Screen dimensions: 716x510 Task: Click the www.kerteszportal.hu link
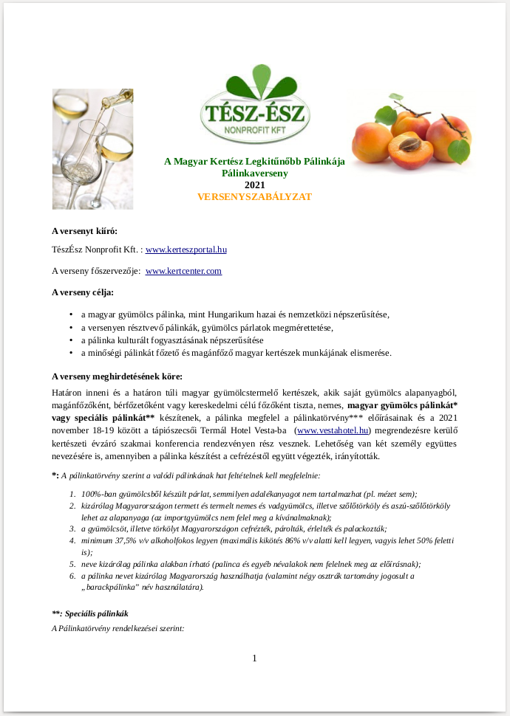pyautogui.click(x=186, y=250)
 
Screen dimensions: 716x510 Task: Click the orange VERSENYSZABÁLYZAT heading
pyautogui.click(x=254, y=197)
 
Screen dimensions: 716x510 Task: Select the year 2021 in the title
pyautogui.click(x=254, y=185)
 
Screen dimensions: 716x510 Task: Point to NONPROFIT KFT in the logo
pyautogui.click(x=255, y=131)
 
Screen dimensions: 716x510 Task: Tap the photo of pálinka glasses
pyautogui.click(x=82, y=148)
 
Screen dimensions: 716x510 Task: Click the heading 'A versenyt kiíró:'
pyautogui.click(x=84, y=231)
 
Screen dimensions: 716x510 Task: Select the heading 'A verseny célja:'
pyautogui.click(x=83, y=292)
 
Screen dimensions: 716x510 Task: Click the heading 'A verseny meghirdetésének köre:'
pyautogui.click(x=113, y=376)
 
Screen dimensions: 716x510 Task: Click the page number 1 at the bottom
pyautogui.click(x=254, y=658)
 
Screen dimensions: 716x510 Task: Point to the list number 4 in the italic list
pyautogui.click(x=72, y=540)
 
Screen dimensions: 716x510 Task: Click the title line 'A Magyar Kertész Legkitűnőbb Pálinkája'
pyautogui.click(x=254, y=162)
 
